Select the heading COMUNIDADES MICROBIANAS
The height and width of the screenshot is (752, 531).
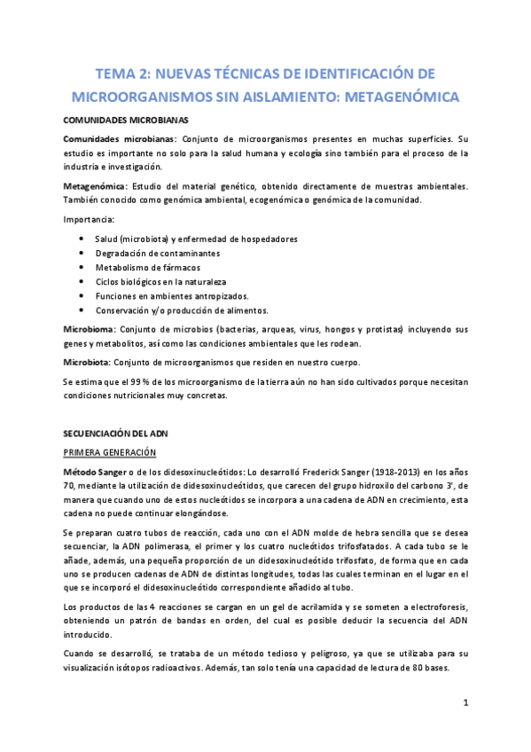[x=125, y=120]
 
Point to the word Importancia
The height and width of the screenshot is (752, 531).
[x=89, y=219]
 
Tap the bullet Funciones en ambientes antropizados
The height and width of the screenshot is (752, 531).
[x=171, y=296]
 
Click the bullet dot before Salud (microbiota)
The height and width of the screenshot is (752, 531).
[x=82, y=239]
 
